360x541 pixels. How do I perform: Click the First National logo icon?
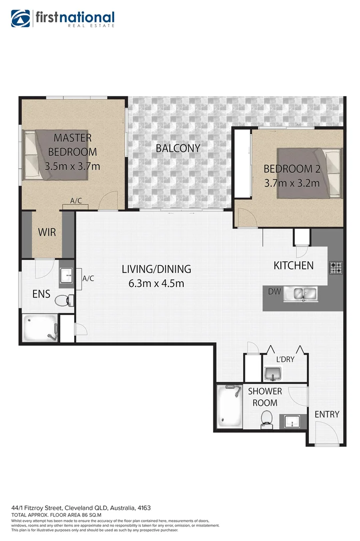[x=21, y=18]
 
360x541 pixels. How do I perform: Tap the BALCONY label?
[x=178, y=148]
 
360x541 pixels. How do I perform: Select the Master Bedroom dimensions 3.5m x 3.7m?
[x=72, y=166]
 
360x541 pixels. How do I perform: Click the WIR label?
[x=47, y=232]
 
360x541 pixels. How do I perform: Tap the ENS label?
[x=41, y=294]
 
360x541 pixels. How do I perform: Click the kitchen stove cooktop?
[x=335, y=268]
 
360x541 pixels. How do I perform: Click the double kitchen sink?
[x=302, y=294]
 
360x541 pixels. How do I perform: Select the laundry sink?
[x=272, y=373]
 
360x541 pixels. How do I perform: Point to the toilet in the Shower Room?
[x=267, y=418]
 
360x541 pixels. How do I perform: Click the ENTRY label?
[x=326, y=414]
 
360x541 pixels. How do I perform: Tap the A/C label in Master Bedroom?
[x=76, y=201]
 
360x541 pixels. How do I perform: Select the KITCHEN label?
[x=293, y=265]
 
